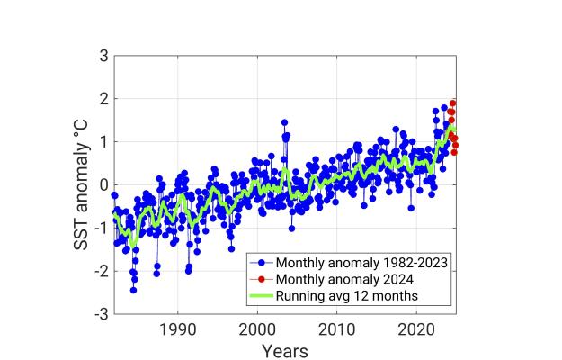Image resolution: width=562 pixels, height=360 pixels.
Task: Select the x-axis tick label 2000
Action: [257, 330]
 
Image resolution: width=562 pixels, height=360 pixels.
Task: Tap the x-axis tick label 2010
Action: [337, 330]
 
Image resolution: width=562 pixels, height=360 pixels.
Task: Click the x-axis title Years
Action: [284, 350]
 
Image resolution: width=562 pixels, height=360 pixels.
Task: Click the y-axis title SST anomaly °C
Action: [79, 185]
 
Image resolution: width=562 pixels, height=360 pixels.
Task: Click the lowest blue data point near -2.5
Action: [133, 290]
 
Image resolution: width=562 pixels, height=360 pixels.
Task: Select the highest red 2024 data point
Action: [453, 103]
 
